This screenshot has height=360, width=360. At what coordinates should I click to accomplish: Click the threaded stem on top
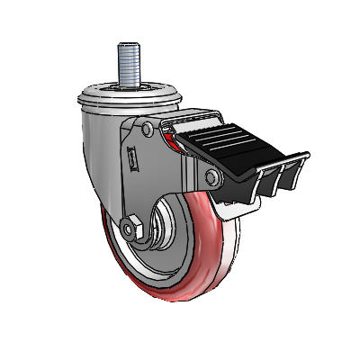tap(127, 67)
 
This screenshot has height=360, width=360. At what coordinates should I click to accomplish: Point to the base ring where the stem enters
tap(126, 88)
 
